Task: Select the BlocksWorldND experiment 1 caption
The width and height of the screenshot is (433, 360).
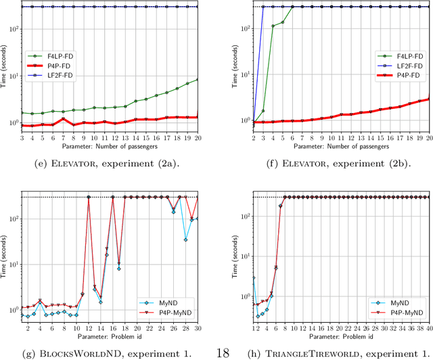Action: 109,353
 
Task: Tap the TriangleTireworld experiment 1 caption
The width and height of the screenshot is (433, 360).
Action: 328,353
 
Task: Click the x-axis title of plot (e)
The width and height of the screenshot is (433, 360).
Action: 109,145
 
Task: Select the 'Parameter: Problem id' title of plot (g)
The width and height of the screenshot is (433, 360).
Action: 109,336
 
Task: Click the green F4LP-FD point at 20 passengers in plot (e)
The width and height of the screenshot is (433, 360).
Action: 197,80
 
